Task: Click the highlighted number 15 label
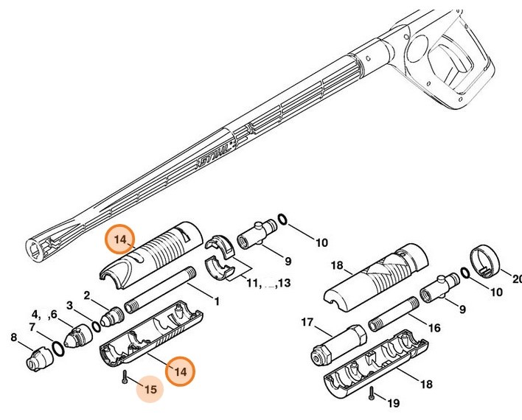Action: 150,389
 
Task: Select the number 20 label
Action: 515,278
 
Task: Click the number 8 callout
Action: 13,338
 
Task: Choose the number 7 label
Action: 32,326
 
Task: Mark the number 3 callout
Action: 70,305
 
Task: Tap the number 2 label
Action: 86,295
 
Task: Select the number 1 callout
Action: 217,301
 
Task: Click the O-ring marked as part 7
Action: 57,346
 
